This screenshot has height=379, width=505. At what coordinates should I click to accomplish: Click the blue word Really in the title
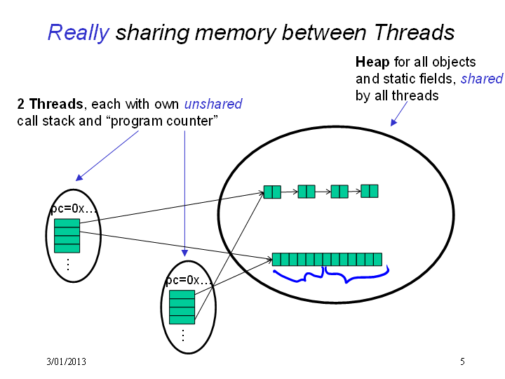[79, 33]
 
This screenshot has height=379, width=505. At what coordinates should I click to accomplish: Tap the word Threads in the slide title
[415, 32]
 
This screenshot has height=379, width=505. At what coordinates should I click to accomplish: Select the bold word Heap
[372, 62]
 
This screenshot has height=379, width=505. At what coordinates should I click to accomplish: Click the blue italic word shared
[481, 79]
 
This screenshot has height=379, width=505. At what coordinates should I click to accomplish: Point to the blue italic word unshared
[213, 104]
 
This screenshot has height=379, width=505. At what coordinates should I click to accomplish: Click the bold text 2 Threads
[50, 104]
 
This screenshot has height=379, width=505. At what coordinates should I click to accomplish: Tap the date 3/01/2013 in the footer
[67, 361]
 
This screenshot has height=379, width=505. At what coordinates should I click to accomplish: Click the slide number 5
[462, 361]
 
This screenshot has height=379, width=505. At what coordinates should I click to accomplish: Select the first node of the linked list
[272, 192]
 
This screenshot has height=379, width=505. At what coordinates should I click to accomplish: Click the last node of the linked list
[370, 191]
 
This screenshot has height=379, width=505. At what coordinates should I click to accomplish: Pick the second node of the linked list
[307, 192]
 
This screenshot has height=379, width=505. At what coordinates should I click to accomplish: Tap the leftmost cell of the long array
[276, 260]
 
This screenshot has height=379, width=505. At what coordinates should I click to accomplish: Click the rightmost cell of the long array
[378, 260]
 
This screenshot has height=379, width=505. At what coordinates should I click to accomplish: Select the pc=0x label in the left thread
[74, 209]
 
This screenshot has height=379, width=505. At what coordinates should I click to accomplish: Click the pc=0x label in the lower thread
[189, 280]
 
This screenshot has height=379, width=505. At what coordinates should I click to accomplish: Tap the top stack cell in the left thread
[67, 223]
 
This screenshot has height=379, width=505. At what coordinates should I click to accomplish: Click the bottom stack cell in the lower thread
[182, 320]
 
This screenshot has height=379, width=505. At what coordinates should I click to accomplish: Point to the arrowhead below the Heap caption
[393, 123]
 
